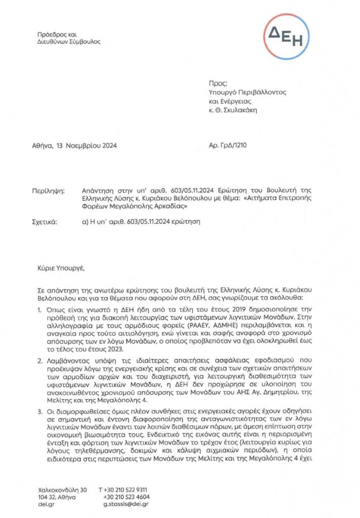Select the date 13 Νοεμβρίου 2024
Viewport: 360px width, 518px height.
[x=88, y=146]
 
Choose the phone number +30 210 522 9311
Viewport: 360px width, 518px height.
[x=126, y=490]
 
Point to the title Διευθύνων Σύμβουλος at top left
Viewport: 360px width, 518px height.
[x=69, y=41]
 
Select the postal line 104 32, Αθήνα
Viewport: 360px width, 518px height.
[x=57, y=497]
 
